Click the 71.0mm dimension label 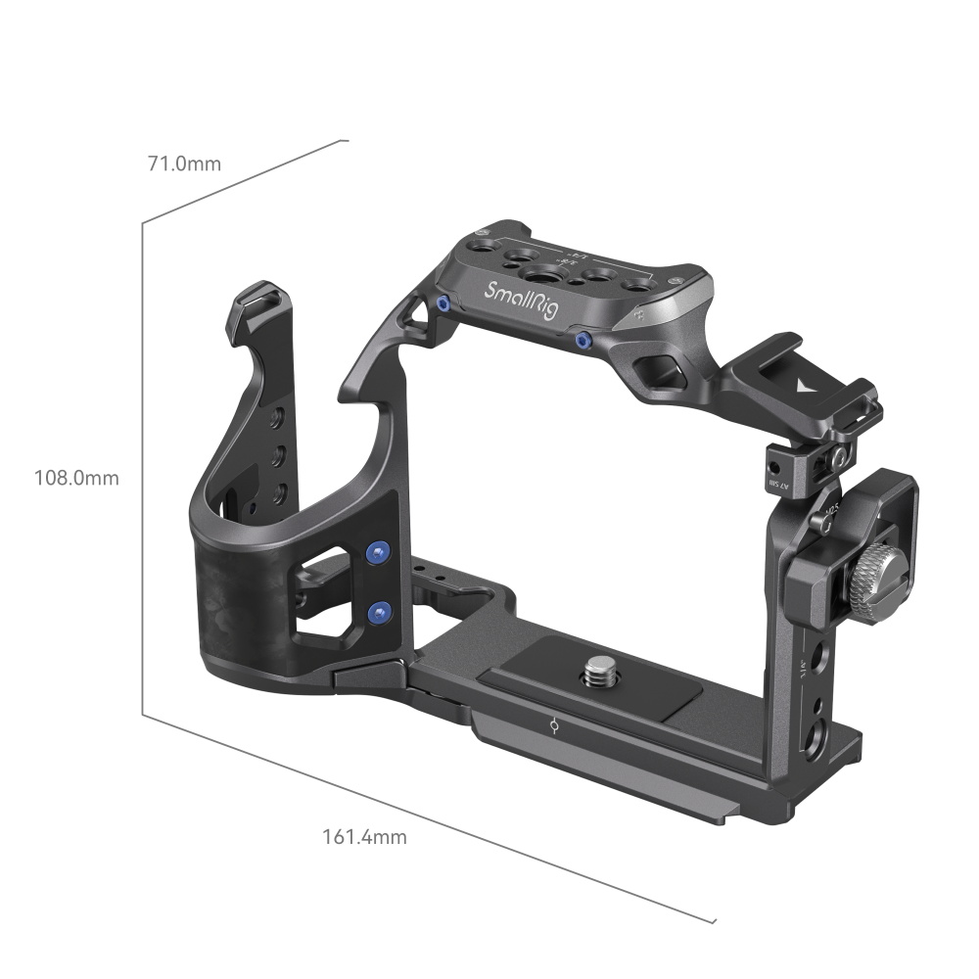pyautogui.click(x=184, y=163)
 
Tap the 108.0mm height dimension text pyautogui.click(x=76, y=478)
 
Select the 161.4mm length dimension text pyautogui.click(x=364, y=837)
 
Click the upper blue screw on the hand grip pyautogui.click(x=376, y=552)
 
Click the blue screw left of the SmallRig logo pyautogui.click(x=443, y=304)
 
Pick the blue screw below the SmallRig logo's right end pyautogui.click(x=583, y=341)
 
